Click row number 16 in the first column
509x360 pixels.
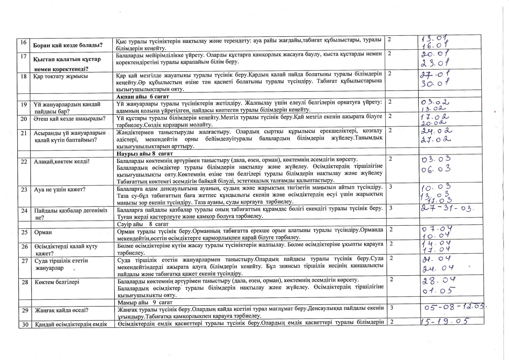[23, 42]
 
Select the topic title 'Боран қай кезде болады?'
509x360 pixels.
[68, 45]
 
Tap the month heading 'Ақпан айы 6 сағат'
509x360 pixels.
[143, 97]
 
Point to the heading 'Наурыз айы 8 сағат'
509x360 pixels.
[145, 154]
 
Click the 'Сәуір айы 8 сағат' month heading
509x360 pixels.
[143, 224]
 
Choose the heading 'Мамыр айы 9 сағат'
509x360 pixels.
[145, 302]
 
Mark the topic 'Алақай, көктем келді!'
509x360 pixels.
[62, 161]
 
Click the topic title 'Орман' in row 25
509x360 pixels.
[43, 232]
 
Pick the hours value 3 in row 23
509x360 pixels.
[391, 187]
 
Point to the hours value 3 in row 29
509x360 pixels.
[392, 308]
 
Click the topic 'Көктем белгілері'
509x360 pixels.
[57, 282]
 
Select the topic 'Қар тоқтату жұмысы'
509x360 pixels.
[60, 76]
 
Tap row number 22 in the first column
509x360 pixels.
[24, 161]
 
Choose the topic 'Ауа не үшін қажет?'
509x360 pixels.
[60, 189]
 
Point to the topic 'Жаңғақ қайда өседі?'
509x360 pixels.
[61, 310]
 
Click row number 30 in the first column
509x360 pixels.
[25, 324]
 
